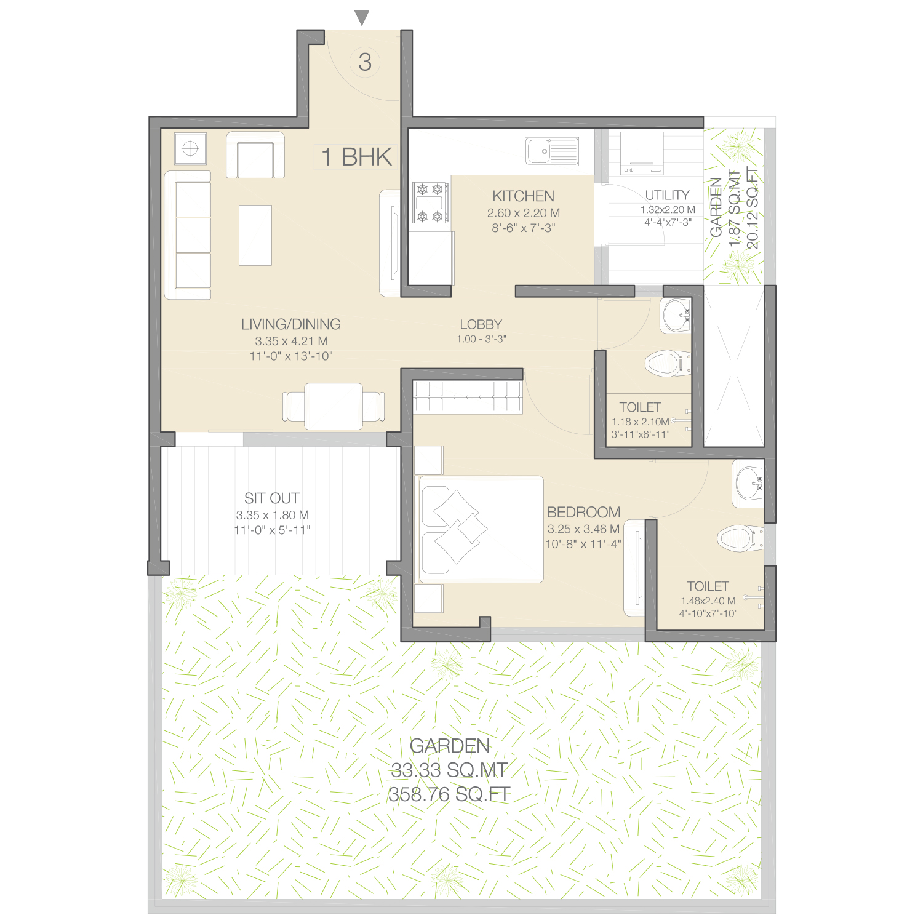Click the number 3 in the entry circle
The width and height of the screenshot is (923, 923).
tap(365, 62)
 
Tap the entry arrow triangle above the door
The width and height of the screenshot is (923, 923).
tap(362, 18)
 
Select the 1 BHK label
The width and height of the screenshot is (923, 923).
tap(356, 157)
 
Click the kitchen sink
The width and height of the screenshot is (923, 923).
tap(552, 151)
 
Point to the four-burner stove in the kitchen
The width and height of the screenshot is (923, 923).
tap(430, 202)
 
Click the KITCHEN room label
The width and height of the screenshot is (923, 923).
tap(524, 196)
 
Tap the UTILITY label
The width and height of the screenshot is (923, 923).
tap(668, 195)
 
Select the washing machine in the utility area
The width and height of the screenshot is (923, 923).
tap(642, 153)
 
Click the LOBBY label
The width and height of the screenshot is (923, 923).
tap(481, 324)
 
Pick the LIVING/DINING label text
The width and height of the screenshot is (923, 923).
tap(291, 324)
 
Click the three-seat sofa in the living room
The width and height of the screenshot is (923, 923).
tap(188, 235)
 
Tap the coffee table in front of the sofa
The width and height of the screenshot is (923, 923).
tap(255, 235)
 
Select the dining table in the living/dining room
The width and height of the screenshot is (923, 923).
tap(334, 406)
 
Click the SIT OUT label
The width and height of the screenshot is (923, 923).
tap(272, 498)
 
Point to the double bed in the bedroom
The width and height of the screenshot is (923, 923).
tap(480, 529)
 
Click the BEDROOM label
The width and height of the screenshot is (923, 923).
tap(583, 512)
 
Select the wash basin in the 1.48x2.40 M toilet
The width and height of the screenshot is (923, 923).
tap(748, 484)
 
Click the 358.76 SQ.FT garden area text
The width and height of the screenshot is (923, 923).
tap(450, 794)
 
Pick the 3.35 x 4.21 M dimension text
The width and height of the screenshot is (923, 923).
tap(291, 341)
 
